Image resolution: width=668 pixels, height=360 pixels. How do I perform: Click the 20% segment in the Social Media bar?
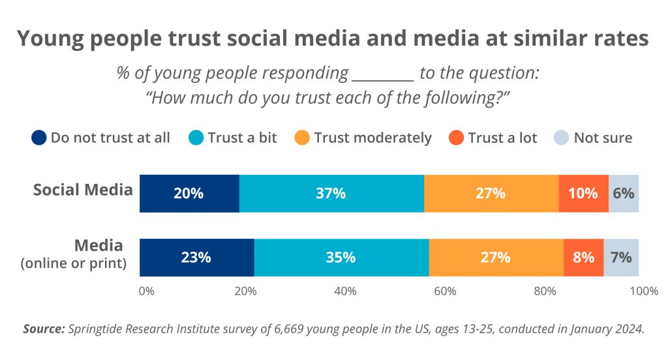click(x=189, y=194)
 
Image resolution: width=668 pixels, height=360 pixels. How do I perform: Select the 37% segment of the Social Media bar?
click(x=331, y=194)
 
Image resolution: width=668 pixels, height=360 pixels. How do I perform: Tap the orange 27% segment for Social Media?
click(x=491, y=194)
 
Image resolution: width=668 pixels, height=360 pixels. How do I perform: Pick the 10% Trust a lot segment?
click(x=583, y=194)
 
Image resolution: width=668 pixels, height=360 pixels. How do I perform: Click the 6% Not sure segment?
click(x=624, y=194)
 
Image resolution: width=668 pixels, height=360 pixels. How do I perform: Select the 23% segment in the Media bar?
click(x=196, y=257)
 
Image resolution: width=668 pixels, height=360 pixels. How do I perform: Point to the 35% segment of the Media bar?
click(x=341, y=257)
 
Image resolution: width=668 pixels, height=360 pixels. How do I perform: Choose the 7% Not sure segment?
click(x=621, y=257)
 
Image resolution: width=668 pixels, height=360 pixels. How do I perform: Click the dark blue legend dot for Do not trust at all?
click(x=39, y=138)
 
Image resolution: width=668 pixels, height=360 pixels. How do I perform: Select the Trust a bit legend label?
click(x=242, y=138)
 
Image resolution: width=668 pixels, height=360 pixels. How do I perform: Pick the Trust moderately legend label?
click(x=372, y=138)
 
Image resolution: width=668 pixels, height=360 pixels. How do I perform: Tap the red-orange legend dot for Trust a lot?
click(x=456, y=138)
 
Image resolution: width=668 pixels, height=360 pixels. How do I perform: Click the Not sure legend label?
click(x=603, y=138)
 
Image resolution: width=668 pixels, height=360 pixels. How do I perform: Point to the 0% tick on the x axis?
click(x=147, y=291)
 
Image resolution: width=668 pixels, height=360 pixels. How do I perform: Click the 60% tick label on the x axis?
click(x=445, y=291)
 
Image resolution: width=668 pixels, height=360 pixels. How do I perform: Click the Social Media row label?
click(x=83, y=190)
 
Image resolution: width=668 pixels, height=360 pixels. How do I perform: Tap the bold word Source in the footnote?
click(x=44, y=329)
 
